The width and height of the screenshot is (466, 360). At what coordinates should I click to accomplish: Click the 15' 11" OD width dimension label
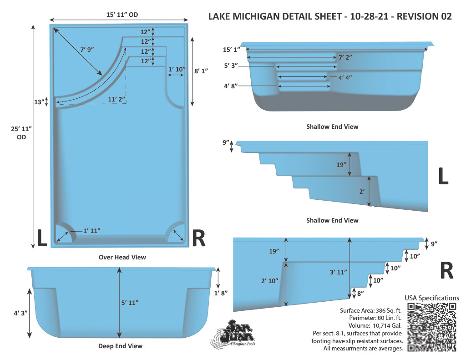[122, 15]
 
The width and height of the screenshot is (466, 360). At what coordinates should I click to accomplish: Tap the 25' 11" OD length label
[21, 133]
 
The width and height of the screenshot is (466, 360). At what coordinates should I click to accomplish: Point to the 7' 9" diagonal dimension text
[87, 50]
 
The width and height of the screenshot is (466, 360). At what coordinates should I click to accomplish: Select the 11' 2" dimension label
[116, 99]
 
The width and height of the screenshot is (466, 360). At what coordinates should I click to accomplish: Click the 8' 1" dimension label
[201, 71]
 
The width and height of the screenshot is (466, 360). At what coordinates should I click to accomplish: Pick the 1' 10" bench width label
[177, 69]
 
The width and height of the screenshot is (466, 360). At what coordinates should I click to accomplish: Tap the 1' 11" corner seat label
[92, 231]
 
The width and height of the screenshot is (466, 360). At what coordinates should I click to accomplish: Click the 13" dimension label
[39, 102]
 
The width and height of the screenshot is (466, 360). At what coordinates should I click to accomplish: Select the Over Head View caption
[122, 257]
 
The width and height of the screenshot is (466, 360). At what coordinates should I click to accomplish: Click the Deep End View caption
[120, 346]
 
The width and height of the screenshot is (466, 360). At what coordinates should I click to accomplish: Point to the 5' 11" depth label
[130, 303]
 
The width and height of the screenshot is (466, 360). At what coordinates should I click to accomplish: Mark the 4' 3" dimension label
[21, 313]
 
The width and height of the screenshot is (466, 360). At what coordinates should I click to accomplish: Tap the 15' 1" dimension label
[232, 50]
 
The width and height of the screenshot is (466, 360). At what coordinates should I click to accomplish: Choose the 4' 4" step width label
[345, 77]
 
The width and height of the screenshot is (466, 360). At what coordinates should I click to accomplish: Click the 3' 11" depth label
[339, 272]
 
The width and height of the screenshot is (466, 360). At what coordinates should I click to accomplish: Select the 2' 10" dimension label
[269, 281]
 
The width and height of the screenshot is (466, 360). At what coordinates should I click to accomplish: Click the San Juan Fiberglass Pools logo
[233, 334]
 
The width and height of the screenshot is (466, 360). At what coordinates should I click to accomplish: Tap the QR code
[432, 327]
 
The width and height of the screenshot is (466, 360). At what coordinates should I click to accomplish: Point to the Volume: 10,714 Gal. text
[375, 325]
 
